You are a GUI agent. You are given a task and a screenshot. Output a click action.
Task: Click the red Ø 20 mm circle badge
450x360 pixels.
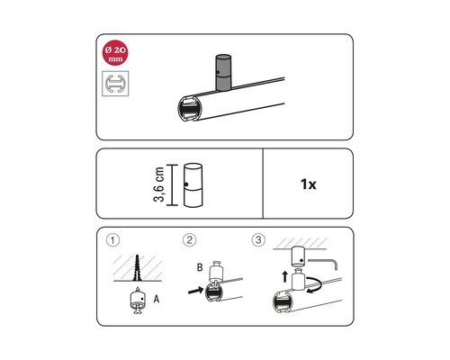point(115,53)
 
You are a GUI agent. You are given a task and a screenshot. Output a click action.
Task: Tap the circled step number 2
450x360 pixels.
point(189,241)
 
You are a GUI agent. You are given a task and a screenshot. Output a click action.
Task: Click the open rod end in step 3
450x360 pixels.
point(279,303)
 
